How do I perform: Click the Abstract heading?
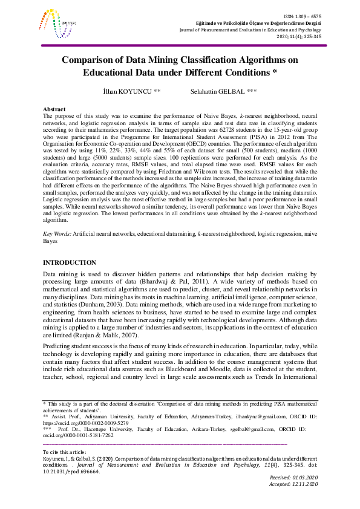click(x=56, y=108)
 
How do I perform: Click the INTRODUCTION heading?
click(x=69, y=262)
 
